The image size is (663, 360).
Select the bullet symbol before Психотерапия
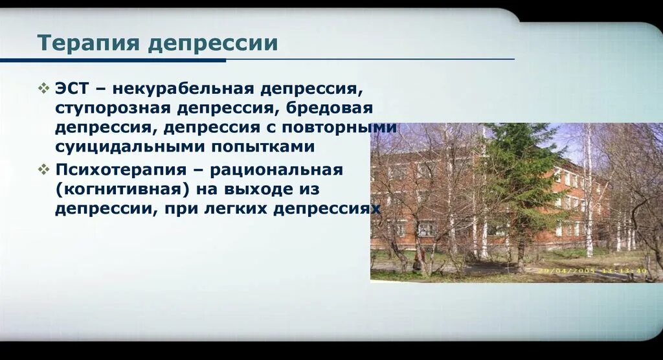pyautogui.click(x=43, y=170)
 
